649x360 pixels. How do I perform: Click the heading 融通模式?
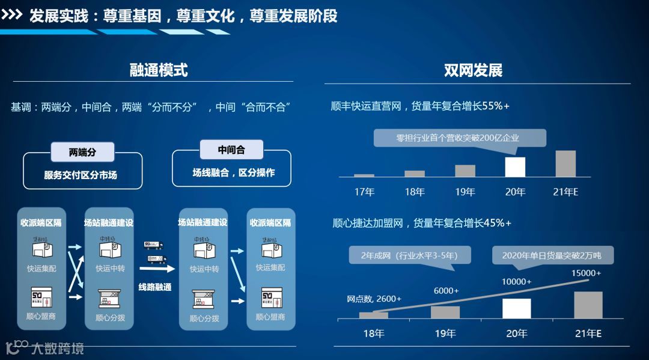tap(159, 70)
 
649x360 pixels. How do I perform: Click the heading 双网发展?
tap(473, 70)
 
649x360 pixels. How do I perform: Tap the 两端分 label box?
tap(82, 152)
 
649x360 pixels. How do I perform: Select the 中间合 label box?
tap(231, 150)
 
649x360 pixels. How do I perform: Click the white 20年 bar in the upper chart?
tap(515, 167)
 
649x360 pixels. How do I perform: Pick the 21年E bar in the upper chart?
tap(565, 163)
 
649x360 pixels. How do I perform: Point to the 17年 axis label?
tap(364, 192)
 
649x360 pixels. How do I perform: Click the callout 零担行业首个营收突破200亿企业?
tap(460, 138)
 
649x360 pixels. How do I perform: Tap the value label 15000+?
tap(586, 273)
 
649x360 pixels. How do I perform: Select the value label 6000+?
tap(446, 291)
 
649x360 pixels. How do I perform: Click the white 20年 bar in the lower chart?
tap(516, 308)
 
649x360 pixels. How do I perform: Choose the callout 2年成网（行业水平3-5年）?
tap(410, 255)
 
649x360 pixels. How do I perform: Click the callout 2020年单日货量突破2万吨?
tap(551, 255)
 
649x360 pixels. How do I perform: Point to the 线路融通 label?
tap(154, 287)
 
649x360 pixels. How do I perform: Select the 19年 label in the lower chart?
tap(445, 333)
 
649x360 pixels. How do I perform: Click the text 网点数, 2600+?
tap(374, 299)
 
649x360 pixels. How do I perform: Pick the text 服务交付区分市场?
tap(82, 175)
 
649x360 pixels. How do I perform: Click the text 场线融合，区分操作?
tap(233, 172)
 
